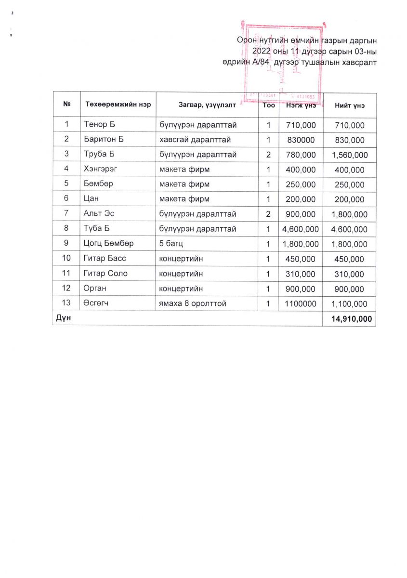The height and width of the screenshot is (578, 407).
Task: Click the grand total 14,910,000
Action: tap(349, 319)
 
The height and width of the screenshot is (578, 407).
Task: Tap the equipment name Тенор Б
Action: tap(100, 125)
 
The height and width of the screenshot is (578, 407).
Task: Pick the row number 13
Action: tap(66, 303)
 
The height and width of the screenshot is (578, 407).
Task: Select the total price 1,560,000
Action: tap(349, 155)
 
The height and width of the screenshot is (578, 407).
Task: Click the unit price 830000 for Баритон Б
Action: tap(301, 140)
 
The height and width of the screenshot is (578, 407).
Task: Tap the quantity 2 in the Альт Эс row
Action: tap(268, 214)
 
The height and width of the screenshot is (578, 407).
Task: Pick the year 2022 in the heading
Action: tap(263, 51)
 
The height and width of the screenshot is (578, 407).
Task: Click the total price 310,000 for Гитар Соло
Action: tap(349, 275)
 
